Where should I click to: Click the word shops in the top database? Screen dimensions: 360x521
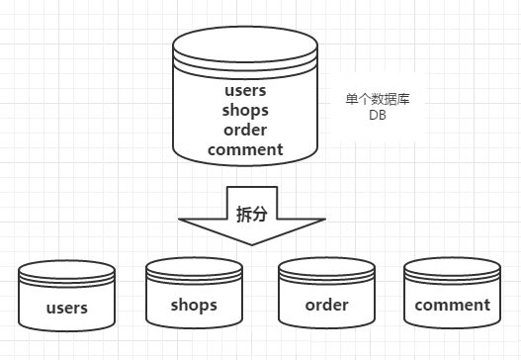(x=246, y=111)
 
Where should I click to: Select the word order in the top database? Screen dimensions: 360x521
(x=246, y=131)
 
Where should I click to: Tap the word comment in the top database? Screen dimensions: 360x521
(x=246, y=149)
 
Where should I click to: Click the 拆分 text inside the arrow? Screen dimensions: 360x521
(x=251, y=215)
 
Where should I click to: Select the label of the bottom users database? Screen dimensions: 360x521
(x=67, y=307)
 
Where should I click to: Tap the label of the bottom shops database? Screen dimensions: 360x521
(x=194, y=304)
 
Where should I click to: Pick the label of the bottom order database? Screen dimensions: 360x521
(x=326, y=304)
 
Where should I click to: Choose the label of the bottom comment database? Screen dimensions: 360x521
(x=452, y=305)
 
